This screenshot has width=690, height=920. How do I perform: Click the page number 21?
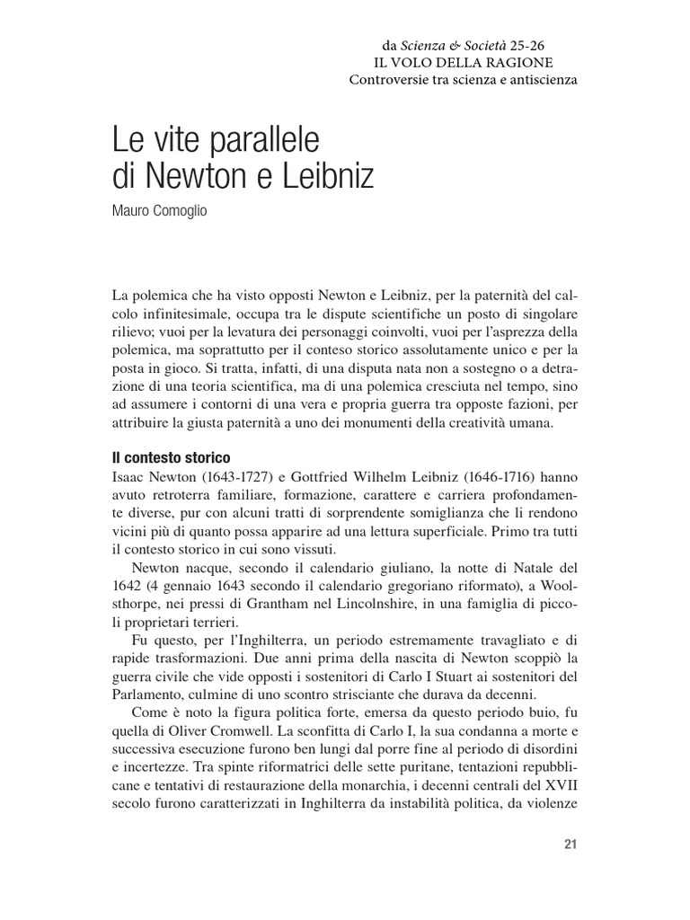point(569,844)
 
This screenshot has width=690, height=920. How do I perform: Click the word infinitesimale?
point(196,312)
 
